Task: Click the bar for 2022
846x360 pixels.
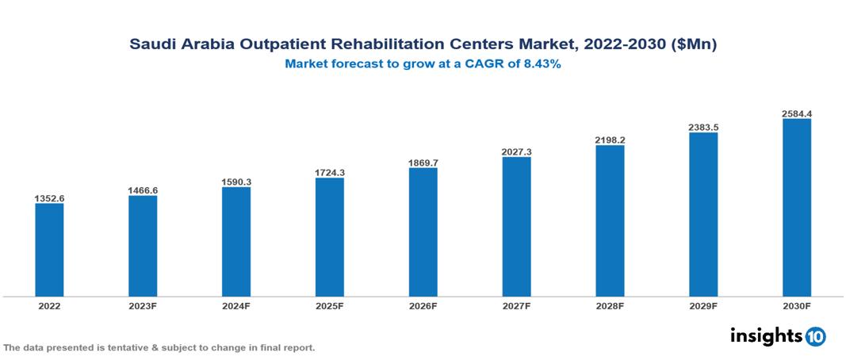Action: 49,250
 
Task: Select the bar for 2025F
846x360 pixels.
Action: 330,237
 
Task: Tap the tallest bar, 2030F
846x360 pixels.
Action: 797,208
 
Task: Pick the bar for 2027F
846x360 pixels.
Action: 516,227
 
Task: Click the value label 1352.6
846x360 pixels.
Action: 49,198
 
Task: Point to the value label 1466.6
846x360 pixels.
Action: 143,190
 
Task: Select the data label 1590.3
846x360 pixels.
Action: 236,182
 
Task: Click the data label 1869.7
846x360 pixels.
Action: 423,162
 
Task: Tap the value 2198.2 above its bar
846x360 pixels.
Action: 610,140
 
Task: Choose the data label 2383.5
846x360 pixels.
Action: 703,127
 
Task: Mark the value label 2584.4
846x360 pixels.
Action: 797,113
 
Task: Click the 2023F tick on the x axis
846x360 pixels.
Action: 143,305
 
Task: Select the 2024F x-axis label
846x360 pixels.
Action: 236,305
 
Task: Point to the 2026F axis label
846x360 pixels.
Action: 423,305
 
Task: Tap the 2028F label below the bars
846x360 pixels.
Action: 610,305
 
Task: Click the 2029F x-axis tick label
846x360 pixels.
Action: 703,305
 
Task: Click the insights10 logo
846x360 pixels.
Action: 778,336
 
